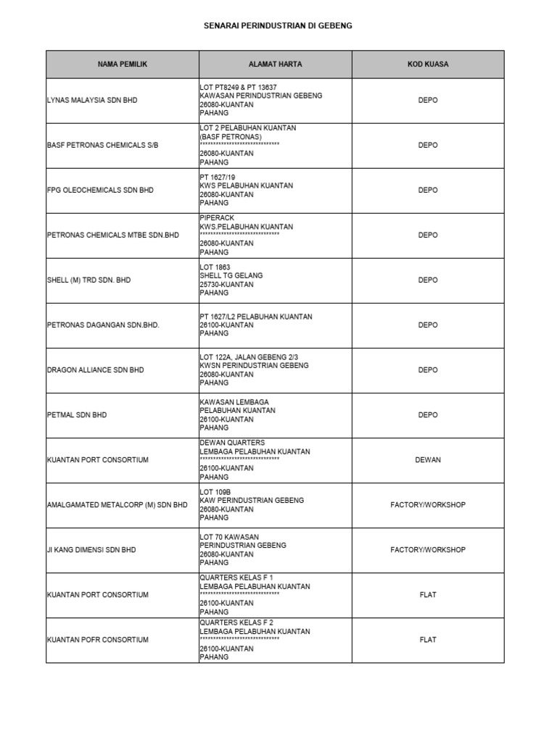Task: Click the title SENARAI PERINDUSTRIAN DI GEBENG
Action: [278, 26]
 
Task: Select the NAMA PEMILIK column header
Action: [123, 64]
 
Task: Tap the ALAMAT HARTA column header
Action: [276, 64]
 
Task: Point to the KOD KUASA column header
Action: [428, 64]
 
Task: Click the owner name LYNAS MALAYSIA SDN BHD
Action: [92, 101]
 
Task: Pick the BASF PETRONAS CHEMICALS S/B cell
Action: [102, 146]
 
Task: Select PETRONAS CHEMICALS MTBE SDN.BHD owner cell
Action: [112, 235]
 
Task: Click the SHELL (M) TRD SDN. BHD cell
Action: [88, 280]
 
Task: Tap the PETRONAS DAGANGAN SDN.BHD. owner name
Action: [102, 325]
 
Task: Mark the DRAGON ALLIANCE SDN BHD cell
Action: [95, 370]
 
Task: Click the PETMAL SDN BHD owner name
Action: [77, 415]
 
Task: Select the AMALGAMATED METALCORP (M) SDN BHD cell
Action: [117, 505]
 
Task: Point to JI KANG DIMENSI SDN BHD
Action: [91, 550]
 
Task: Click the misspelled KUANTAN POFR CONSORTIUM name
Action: [98, 640]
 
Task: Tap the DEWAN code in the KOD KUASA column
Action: [428, 460]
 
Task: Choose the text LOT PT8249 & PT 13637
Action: [238, 88]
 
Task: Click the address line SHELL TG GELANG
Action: [231, 275]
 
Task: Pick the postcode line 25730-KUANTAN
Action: [227, 285]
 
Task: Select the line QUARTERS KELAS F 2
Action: [236, 622]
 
